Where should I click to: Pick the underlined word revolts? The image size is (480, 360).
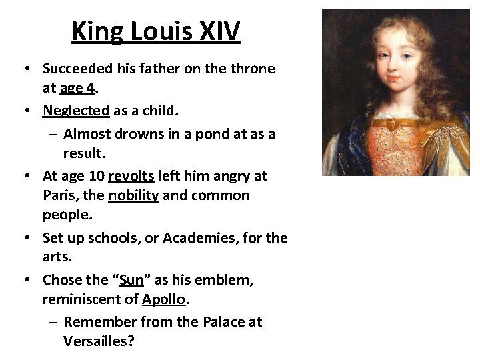click(x=131, y=177)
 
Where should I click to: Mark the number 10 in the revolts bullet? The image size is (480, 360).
click(x=95, y=177)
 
